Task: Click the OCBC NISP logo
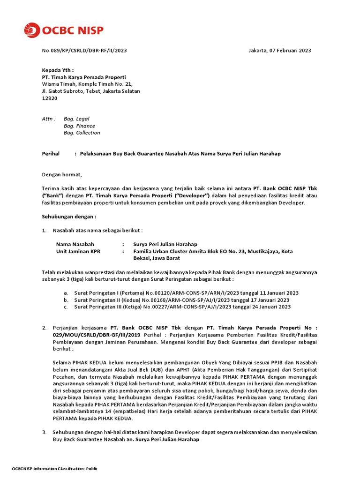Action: [63, 30]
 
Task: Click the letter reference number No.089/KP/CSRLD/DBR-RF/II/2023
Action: [84, 51]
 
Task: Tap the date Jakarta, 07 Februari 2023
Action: [279, 51]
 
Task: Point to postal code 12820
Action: [50, 98]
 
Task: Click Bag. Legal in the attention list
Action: [76, 119]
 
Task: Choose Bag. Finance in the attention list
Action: [79, 126]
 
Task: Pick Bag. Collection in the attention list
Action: [82, 133]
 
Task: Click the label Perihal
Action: [51, 154]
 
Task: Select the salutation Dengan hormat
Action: [62, 175]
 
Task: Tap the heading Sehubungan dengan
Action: [69, 217]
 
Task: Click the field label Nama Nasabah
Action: [75, 244]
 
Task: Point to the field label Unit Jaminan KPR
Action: [78, 251]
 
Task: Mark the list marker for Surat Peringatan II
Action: [66, 300]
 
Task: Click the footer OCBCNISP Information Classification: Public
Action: [54, 469]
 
